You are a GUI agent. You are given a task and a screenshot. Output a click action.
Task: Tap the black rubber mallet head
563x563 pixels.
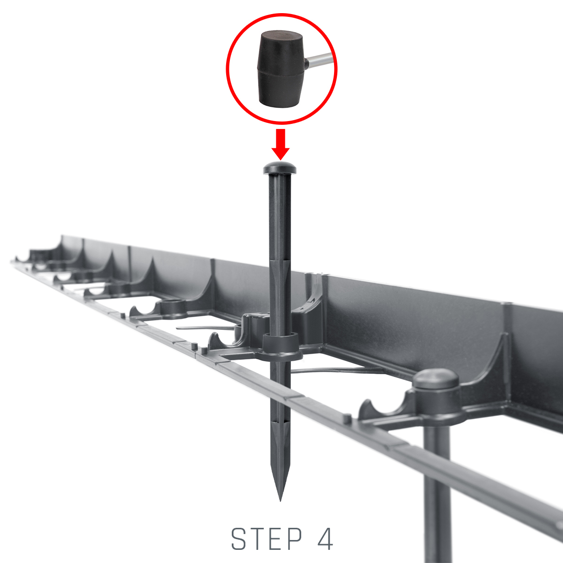tap(281, 69)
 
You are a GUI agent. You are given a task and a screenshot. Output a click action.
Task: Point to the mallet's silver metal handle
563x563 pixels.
tap(320, 61)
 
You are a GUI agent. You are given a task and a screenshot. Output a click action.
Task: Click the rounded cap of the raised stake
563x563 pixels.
tap(280, 167)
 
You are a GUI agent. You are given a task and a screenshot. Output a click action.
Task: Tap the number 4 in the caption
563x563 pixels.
tap(325, 539)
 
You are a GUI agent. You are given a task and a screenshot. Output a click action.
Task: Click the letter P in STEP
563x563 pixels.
tap(294, 539)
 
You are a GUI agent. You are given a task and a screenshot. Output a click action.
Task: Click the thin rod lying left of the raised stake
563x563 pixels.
tap(205, 328)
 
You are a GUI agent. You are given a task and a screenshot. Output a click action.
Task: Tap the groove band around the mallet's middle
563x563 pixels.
tap(281, 72)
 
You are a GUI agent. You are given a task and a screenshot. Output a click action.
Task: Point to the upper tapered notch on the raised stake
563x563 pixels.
tap(280, 267)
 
